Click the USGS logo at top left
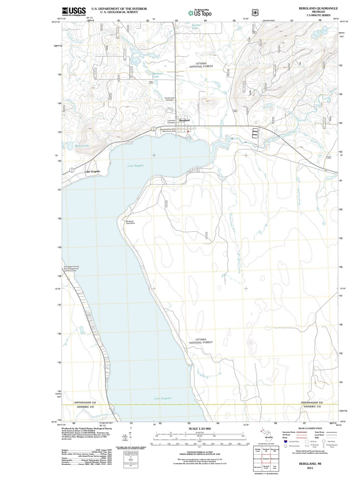tap(73, 11)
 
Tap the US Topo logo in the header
tap(199, 13)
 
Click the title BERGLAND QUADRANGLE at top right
tap(318, 8)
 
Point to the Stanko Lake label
tap(196, 26)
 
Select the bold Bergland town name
tap(184, 121)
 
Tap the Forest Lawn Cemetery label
tap(169, 99)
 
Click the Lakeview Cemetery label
tap(171, 121)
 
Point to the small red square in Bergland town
tap(189, 131)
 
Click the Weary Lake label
tap(82, 146)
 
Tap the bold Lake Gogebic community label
tap(92, 172)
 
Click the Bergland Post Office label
tap(130, 222)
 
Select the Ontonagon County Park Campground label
tap(71, 268)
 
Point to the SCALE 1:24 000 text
tap(199, 429)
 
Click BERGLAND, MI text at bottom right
tap(310, 464)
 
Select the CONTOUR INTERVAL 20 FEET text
tap(199, 452)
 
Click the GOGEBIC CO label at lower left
tap(85, 407)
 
